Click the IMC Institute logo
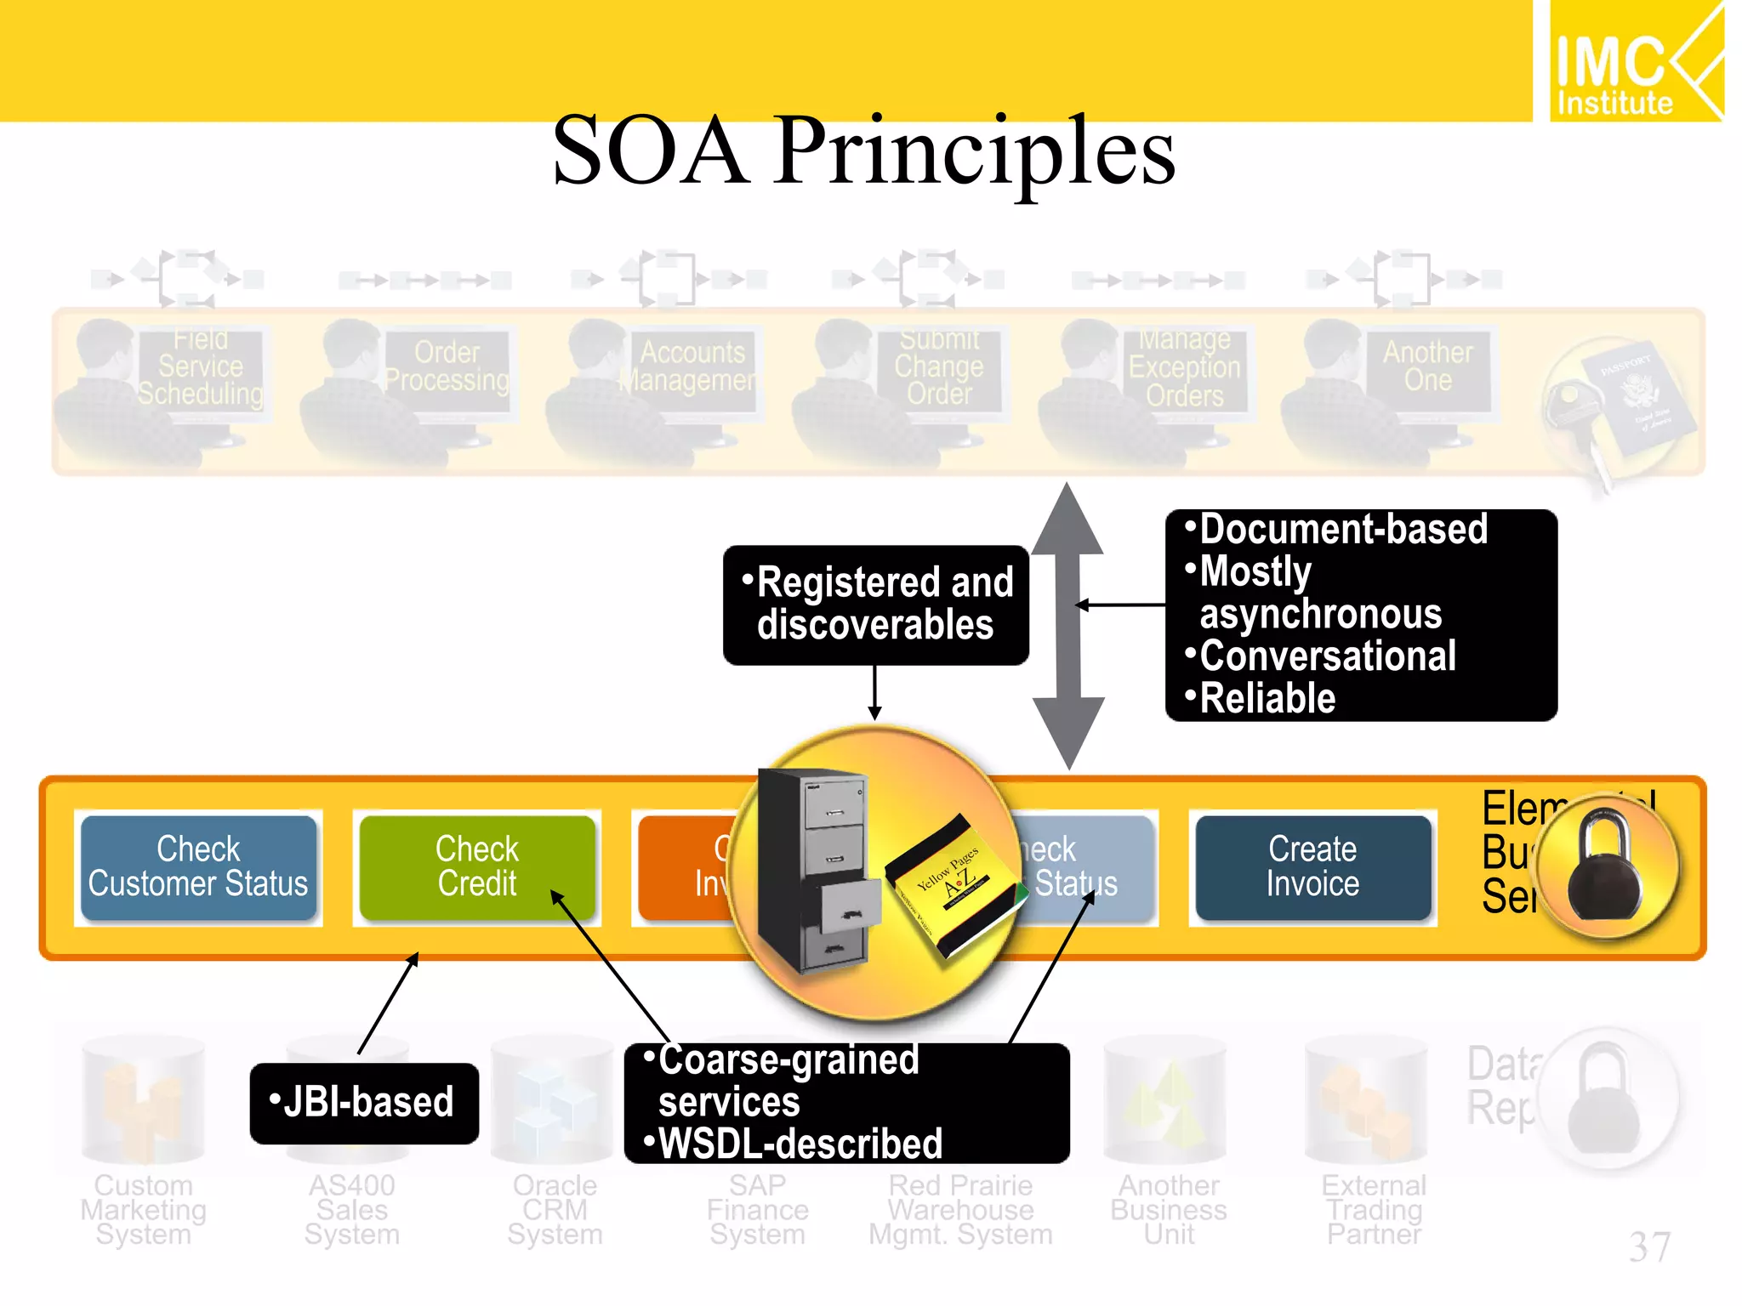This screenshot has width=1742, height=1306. click(1635, 61)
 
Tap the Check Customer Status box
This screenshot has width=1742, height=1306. click(198, 867)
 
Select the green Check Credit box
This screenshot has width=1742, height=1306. click(477, 867)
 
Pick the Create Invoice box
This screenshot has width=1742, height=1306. click(1312, 867)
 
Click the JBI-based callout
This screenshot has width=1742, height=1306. click(364, 1103)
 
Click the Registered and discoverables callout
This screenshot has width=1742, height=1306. click(876, 605)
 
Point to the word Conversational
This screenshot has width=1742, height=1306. click(1327, 656)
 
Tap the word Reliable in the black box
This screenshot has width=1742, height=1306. click(1267, 699)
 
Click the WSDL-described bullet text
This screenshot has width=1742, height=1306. click(800, 1144)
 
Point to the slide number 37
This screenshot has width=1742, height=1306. click(1649, 1247)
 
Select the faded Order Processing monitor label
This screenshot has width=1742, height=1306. click(447, 366)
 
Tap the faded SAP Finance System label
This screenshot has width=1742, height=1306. click(757, 1209)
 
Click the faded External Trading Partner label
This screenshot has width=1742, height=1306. click(1374, 1209)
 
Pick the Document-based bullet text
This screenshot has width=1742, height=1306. click(1342, 530)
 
